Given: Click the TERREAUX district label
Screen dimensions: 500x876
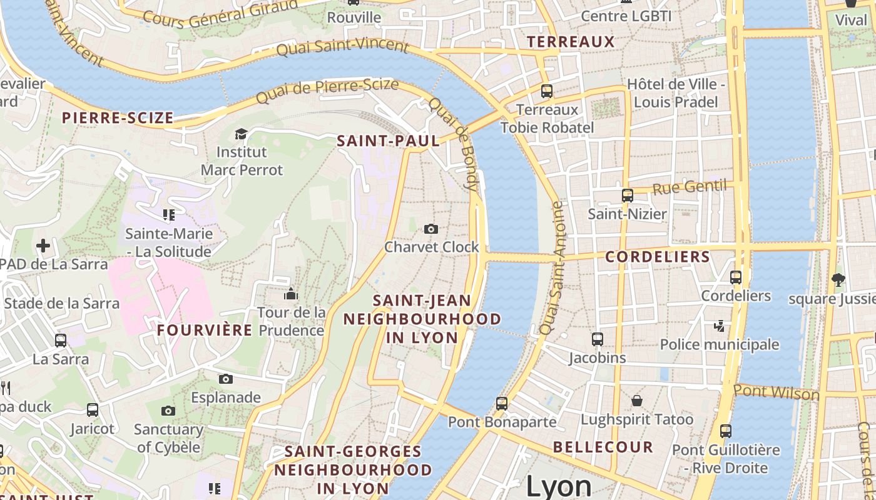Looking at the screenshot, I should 571,42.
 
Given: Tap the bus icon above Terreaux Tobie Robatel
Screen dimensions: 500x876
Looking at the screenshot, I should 547,91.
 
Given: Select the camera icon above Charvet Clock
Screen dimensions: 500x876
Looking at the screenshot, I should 430,229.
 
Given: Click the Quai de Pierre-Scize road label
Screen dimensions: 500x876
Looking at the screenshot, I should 327,91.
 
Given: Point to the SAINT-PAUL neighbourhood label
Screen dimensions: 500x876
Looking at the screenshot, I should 388,141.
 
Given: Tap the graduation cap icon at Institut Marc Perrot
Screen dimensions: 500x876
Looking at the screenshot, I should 241,134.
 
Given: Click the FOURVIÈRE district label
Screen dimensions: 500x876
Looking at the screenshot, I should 205,330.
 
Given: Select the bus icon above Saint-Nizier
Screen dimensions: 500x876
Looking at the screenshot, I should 628,196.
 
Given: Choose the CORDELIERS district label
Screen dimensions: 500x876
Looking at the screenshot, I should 658,257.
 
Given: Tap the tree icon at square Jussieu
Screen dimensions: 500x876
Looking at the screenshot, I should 838,280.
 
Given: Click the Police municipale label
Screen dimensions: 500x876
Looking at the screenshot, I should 720,344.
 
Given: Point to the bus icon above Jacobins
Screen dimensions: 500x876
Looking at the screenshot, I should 598,339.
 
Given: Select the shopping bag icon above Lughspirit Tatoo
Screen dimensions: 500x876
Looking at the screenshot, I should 637,400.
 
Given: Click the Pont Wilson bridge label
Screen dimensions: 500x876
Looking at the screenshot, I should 776,392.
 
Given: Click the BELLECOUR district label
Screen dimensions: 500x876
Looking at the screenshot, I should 603,447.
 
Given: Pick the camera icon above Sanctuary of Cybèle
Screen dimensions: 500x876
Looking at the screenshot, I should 168,411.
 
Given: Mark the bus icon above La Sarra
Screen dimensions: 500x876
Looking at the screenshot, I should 61,341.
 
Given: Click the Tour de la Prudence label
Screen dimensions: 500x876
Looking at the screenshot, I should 292,321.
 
